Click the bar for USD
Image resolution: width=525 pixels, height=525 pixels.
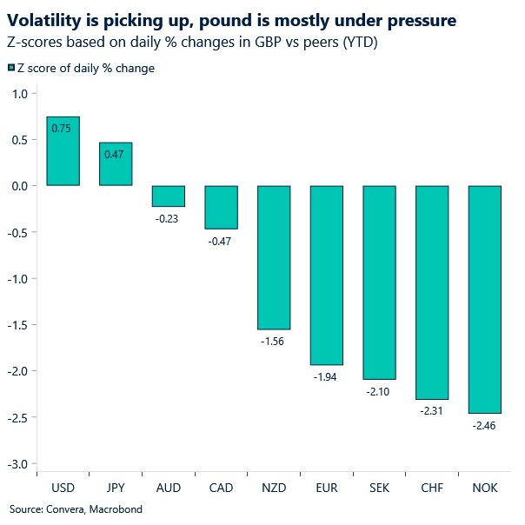click(63, 151)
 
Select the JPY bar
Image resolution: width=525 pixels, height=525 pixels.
click(116, 164)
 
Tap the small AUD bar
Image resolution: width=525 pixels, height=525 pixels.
click(169, 196)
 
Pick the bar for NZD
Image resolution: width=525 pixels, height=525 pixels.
click(274, 257)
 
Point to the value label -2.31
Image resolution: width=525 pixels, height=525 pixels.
click(432, 410)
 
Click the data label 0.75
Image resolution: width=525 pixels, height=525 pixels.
click(62, 129)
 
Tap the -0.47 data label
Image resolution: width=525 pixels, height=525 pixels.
click(221, 241)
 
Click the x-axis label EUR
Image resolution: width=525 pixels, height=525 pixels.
click(327, 488)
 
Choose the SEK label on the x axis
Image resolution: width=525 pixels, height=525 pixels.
click(379, 488)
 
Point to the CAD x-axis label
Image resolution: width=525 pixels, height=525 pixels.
click(221, 488)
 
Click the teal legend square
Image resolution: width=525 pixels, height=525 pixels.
click(10, 69)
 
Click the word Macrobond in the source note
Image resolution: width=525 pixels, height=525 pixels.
click(113, 509)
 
